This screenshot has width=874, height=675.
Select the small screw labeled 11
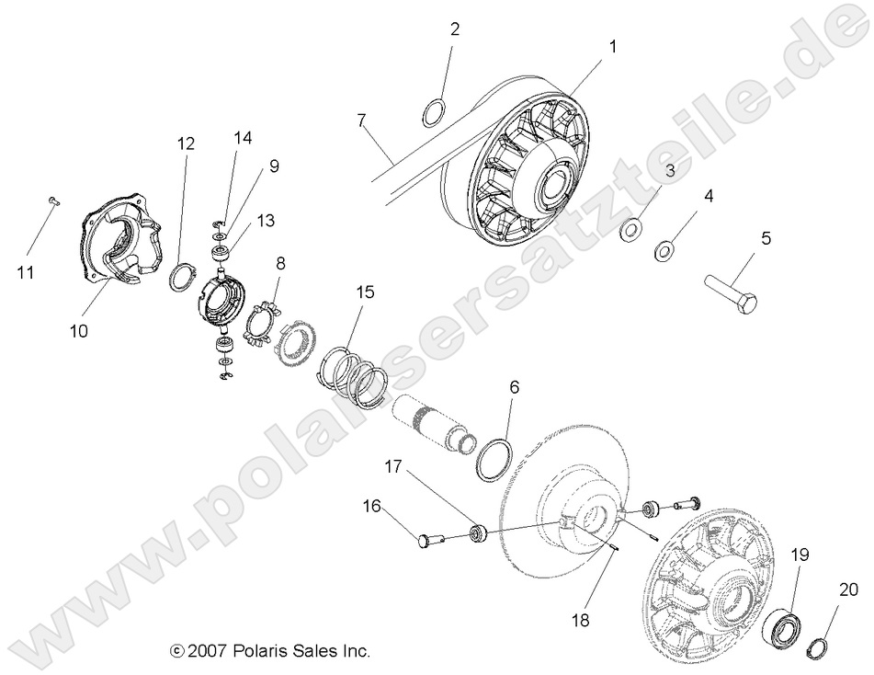click(52, 200)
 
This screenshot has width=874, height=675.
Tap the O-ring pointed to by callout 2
click(435, 114)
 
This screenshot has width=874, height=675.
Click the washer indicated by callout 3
click(630, 227)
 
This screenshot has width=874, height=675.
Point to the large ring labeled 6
click(495, 457)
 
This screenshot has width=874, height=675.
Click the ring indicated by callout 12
click(182, 275)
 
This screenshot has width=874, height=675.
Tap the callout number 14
click(242, 138)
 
